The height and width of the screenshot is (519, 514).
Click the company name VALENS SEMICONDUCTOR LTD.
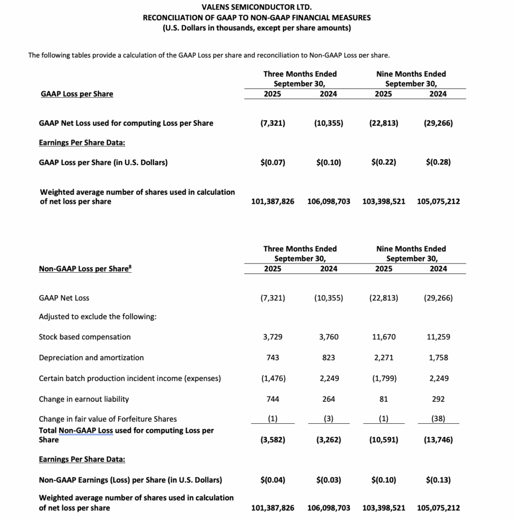[x=256, y=7]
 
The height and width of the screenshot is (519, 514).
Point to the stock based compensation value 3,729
[x=272, y=337]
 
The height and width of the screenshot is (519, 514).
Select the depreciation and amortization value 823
[x=328, y=358]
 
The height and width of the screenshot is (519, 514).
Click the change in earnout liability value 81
[x=384, y=399]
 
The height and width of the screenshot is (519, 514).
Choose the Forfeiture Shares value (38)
[x=438, y=419]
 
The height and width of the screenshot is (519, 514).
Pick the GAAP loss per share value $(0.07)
[x=272, y=163]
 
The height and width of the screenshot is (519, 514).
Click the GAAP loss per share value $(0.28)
[x=438, y=163]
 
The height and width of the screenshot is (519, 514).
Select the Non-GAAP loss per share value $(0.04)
[x=272, y=480]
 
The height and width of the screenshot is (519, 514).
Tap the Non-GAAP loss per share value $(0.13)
[x=438, y=480]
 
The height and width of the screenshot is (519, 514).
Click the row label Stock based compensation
[x=85, y=337]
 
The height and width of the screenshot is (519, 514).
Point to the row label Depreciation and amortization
[x=91, y=358]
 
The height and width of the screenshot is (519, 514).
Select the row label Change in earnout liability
[x=84, y=399]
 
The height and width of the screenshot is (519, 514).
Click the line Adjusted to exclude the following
[x=97, y=317]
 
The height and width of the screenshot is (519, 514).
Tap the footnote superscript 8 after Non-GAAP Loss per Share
[x=129, y=267]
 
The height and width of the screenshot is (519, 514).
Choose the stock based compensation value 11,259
[x=438, y=337]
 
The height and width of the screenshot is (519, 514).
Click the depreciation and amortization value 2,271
[x=384, y=358]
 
